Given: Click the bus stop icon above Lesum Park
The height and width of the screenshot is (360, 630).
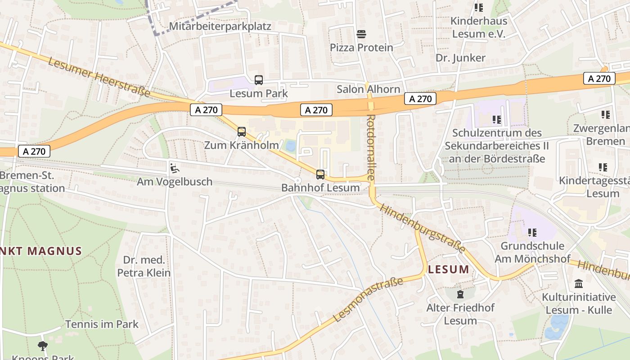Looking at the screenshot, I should tap(258, 81).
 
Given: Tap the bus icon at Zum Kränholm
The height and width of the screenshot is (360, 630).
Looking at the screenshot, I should tap(242, 132).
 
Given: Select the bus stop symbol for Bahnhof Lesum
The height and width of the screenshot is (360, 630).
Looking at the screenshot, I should tap(320, 174).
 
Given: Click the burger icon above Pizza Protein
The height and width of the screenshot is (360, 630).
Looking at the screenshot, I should tap(361, 34).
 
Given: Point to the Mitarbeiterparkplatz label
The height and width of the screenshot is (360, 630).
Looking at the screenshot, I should tap(220, 26).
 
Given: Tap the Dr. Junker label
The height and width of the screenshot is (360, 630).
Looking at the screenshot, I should tap(460, 58).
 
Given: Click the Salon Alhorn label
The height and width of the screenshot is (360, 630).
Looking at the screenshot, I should tap(368, 89).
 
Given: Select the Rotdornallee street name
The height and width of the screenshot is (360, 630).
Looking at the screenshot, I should tap(371, 147).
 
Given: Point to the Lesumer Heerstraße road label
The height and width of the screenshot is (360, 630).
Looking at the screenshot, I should tap(99, 77).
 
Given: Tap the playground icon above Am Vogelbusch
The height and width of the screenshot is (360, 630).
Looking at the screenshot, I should tap(174, 168).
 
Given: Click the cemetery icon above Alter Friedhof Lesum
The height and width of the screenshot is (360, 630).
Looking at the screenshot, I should tap(460, 294).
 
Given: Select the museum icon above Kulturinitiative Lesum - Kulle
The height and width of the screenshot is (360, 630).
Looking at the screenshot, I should tap(579, 284).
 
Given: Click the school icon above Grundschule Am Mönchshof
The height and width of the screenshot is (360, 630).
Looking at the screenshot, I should tap(532, 233).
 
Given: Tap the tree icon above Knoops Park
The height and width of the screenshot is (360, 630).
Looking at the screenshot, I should tap(43, 346).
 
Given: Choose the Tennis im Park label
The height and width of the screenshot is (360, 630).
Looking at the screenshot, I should tap(102, 324).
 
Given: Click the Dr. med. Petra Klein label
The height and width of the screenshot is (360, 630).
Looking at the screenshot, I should tap(144, 266).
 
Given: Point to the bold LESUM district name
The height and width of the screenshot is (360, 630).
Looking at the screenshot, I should tap(448, 270).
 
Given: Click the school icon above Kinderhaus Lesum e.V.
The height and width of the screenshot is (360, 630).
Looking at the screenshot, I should tap(478, 8).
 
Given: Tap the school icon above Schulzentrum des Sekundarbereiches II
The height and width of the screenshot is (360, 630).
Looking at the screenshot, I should tap(496, 120).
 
